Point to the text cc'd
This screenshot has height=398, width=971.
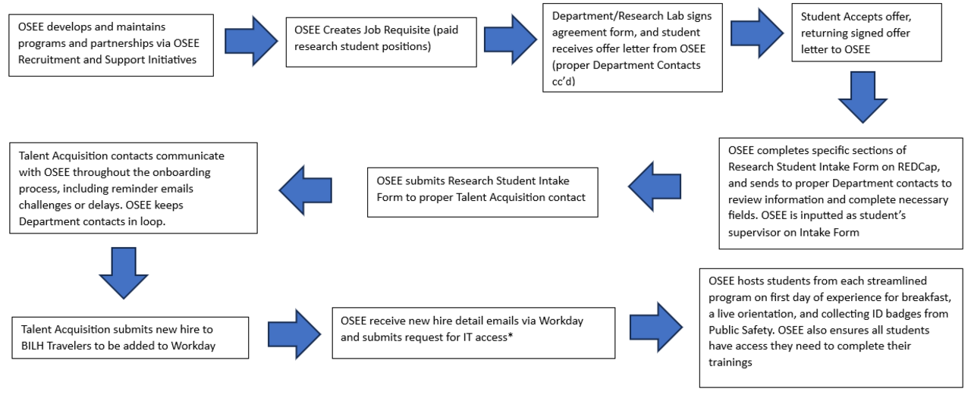564,80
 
